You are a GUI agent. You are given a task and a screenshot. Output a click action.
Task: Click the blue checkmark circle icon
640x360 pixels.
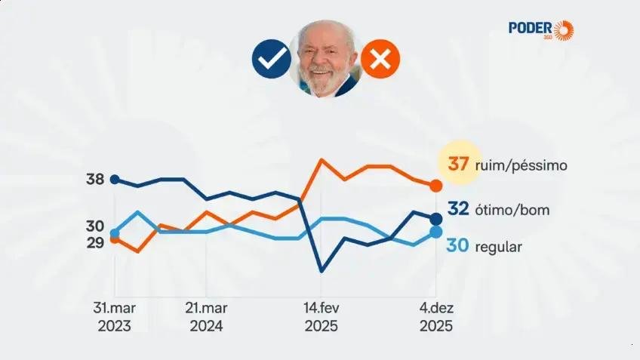[272, 59]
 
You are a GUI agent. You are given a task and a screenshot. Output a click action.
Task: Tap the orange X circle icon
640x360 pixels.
[380, 59]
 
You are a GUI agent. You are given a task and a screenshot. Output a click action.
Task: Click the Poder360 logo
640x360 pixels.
[540, 30]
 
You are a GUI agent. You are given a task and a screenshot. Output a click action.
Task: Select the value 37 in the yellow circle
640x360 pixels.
[459, 164]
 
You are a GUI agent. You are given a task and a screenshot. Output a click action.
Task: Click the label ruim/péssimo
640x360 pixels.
[521, 165]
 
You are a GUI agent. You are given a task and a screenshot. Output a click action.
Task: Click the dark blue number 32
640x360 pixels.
[460, 209]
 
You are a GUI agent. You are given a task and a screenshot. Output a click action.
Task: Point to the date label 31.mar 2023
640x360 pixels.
[114, 317]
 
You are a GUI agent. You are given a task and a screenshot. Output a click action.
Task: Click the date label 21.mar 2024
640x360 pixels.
[206, 317]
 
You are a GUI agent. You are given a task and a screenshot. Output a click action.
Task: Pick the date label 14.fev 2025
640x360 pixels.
[321, 317]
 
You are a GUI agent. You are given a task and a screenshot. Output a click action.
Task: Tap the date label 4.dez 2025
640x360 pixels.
[436, 317]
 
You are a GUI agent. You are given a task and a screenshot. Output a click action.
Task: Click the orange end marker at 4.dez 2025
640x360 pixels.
[435, 186]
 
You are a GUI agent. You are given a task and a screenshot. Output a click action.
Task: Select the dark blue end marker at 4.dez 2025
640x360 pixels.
[435, 219]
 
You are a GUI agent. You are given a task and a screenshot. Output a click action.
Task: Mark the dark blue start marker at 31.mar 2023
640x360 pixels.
[115, 180]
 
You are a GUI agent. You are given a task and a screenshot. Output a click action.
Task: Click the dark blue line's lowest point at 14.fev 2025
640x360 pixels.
[322, 270]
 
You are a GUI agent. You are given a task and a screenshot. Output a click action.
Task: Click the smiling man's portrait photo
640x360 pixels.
[326, 58]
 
